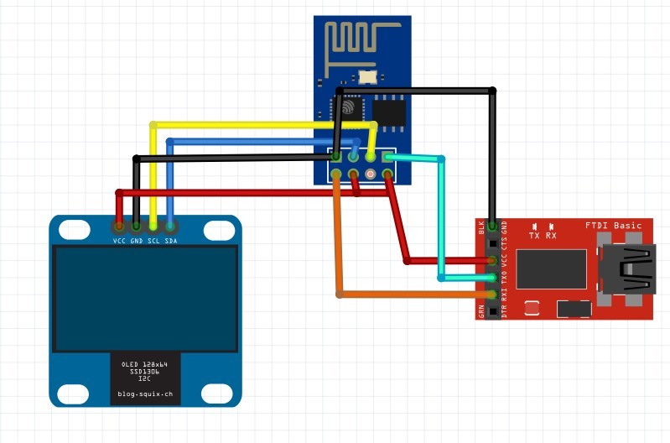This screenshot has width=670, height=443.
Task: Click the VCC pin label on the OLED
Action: click(119, 241)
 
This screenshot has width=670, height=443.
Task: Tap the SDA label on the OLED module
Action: click(171, 241)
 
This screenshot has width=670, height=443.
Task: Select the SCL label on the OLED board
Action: click(154, 241)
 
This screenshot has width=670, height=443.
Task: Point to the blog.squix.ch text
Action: click(145, 393)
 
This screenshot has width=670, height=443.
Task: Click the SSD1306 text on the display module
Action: click(145, 372)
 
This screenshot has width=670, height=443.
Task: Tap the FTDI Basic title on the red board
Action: click(613, 226)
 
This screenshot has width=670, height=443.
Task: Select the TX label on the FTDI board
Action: click(534, 236)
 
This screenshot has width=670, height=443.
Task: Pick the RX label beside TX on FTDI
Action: click(551, 236)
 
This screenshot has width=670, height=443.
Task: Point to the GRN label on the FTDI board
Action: click(481, 311)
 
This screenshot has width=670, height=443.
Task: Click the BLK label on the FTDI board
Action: click(481, 227)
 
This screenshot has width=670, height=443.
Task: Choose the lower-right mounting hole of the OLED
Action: click(218, 392)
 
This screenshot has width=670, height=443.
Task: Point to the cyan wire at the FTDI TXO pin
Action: click(465, 277)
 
